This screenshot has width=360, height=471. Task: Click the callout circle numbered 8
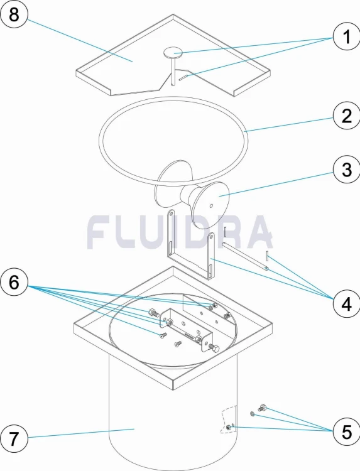tap(14, 14)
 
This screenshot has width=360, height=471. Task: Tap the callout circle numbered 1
tap(346, 36)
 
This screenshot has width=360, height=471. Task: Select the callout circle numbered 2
tap(346, 116)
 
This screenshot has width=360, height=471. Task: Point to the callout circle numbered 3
tap(346, 170)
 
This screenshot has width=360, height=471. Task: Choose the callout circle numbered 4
tap(346, 305)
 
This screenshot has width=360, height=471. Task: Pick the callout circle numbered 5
tap(346, 432)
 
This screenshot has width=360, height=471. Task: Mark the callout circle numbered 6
tap(14, 283)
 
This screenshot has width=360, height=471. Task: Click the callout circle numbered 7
tap(14, 439)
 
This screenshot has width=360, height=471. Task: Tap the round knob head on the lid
tap(173, 53)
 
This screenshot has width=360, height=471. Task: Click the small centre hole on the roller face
tap(211, 206)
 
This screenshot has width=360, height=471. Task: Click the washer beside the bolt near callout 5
tap(253, 414)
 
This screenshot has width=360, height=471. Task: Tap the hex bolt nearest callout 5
tap(263, 408)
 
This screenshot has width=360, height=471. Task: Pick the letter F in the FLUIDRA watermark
tap(100, 232)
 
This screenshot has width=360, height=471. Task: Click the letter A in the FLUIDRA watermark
tap(258, 232)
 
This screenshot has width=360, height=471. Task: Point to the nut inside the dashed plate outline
tap(229, 427)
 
